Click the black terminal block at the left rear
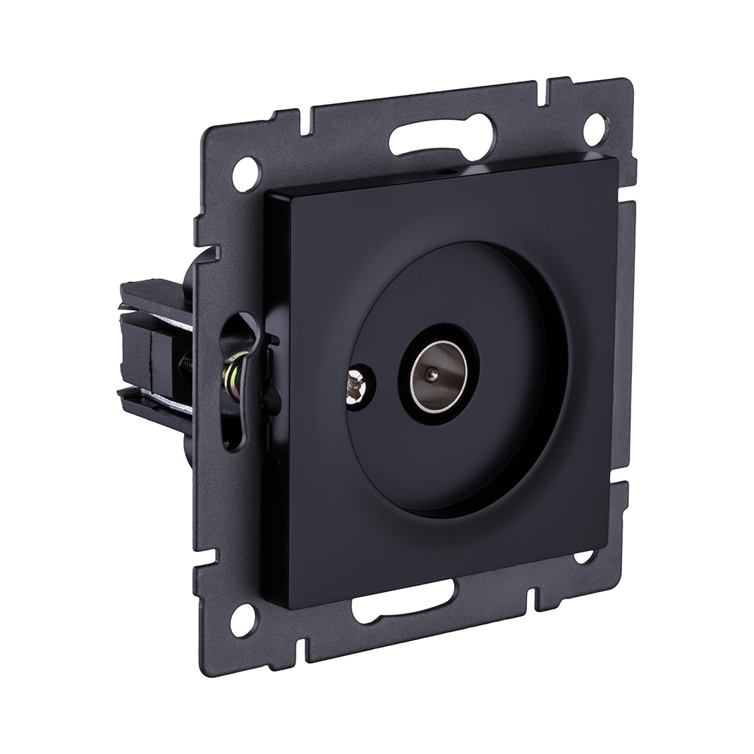click(151, 332)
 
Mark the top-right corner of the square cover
click(617, 160)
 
